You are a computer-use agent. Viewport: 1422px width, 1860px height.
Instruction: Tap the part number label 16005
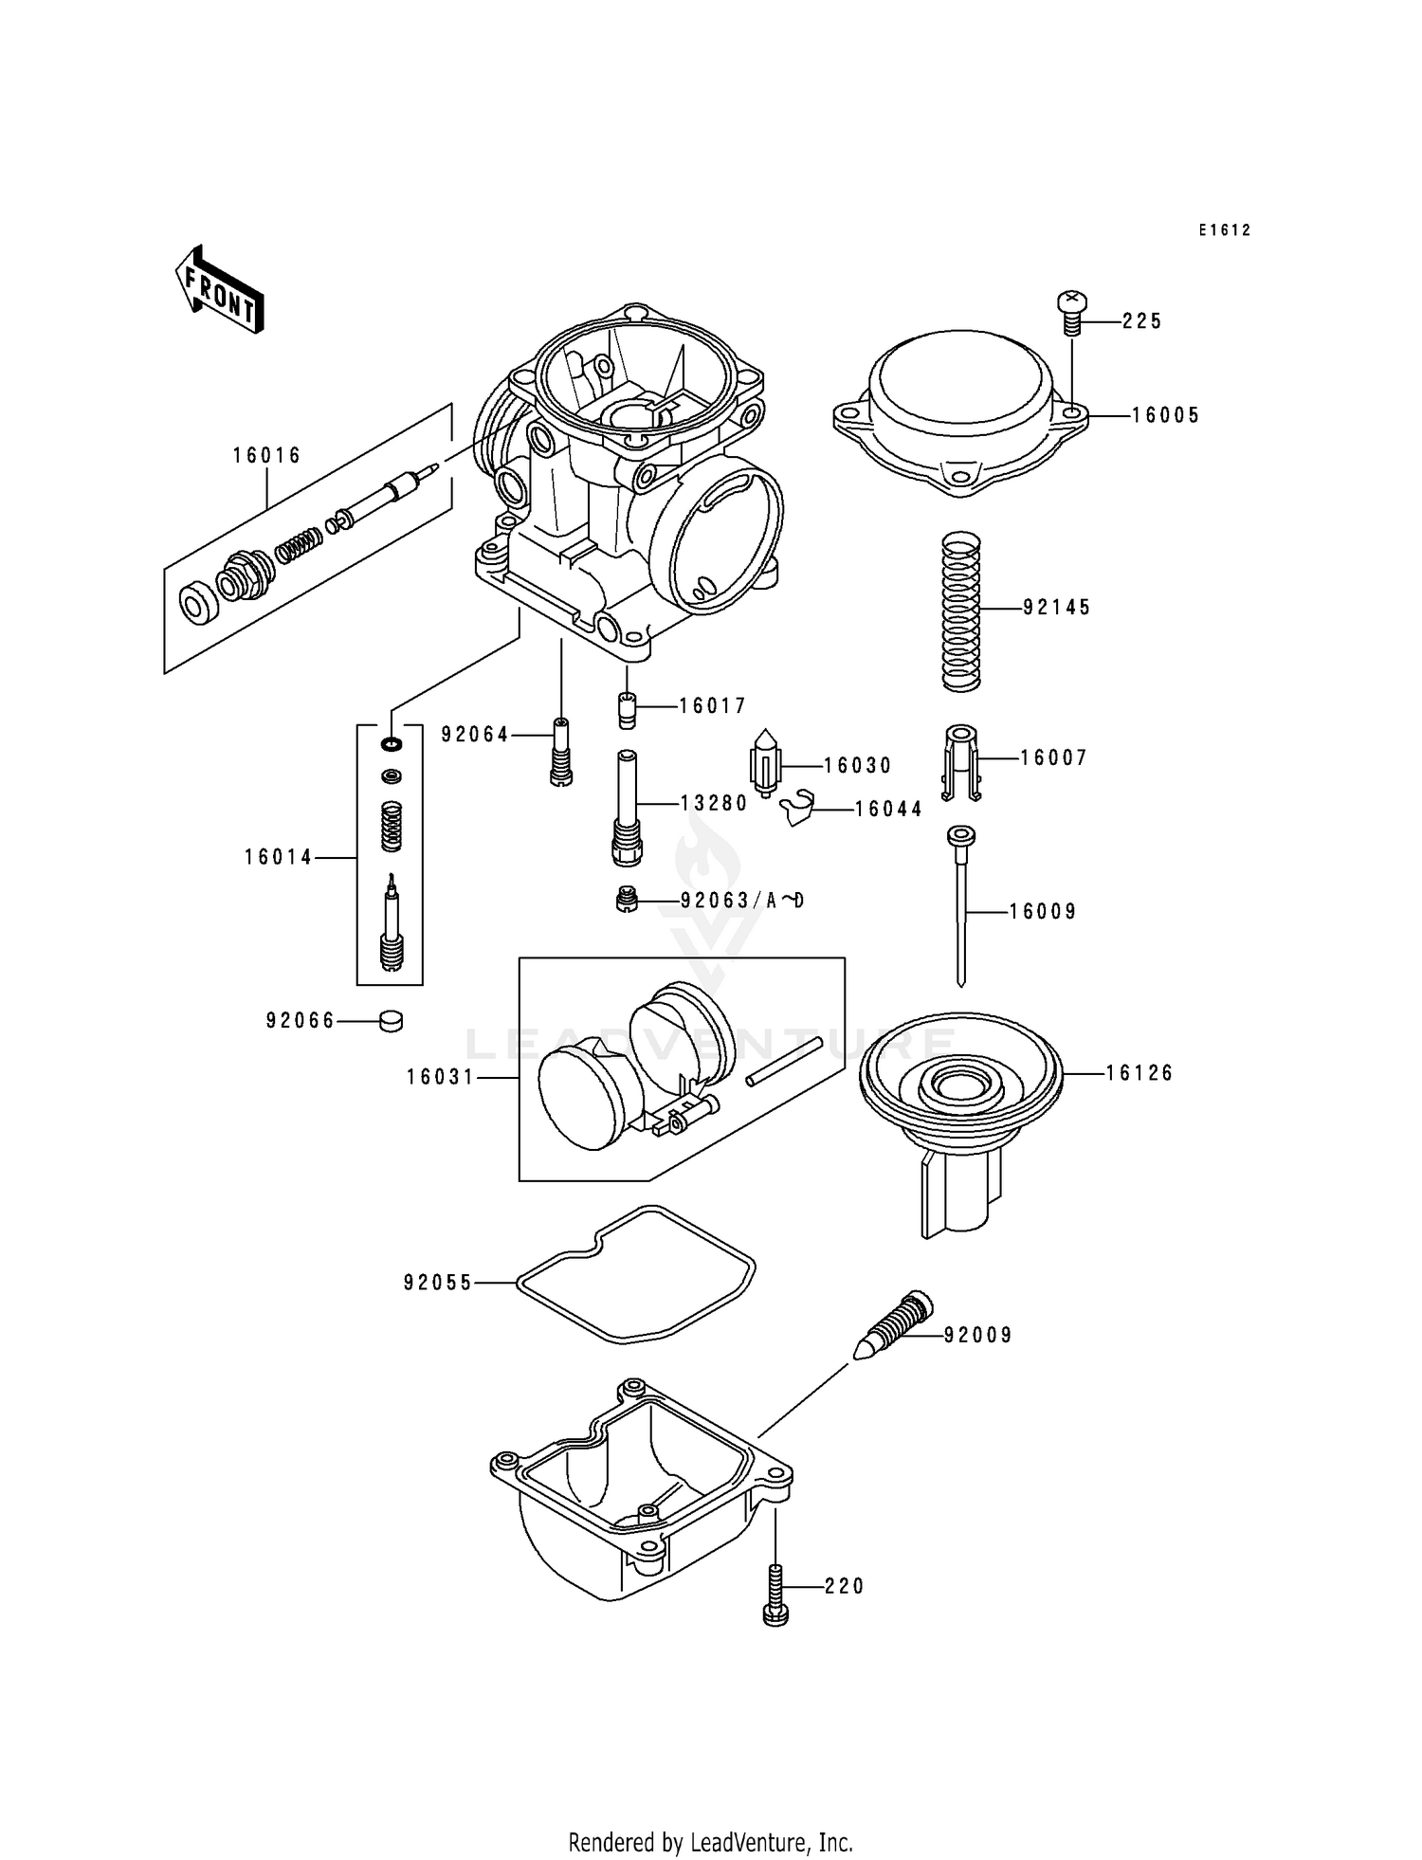click(x=1165, y=415)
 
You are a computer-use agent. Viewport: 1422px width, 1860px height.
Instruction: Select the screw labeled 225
click(x=1072, y=314)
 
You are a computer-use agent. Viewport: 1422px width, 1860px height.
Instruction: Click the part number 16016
click(x=266, y=456)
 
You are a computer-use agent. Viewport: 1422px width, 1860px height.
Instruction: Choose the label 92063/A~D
click(x=742, y=901)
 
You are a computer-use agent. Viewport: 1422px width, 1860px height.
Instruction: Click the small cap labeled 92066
click(x=390, y=1021)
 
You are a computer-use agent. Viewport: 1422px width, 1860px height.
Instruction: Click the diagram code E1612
click(x=1224, y=230)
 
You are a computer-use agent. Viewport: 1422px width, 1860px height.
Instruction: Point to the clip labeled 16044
click(x=799, y=807)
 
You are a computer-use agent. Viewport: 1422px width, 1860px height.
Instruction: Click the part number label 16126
click(x=1139, y=1073)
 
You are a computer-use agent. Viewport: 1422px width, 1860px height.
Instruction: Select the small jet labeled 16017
click(x=627, y=710)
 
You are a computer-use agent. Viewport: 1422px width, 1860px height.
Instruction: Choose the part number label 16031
click(x=440, y=1078)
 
